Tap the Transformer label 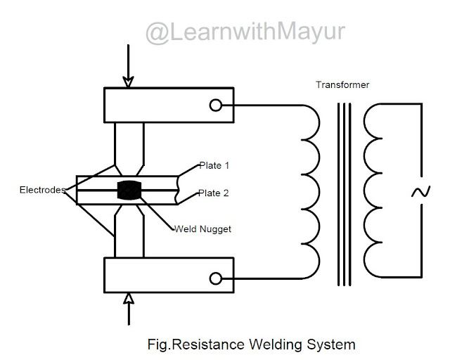[343, 85]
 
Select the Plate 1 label [214, 166]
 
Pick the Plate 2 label [214, 193]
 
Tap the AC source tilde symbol [420, 192]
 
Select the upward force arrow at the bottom [128, 309]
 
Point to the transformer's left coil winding [308, 191]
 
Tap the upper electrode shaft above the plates [129, 144]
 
